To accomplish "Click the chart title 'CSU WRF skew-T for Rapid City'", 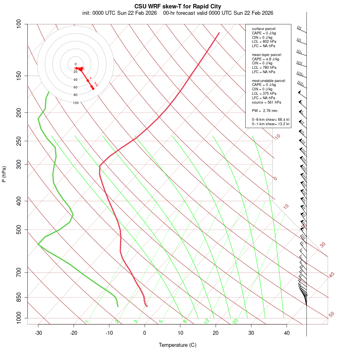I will (x=178, y=6).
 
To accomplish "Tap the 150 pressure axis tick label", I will (x=19, y=76).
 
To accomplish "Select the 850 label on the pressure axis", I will (x=19, y=297).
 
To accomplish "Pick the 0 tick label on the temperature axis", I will (x=145, y=332).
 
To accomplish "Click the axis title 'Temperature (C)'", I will (x=178, y=345).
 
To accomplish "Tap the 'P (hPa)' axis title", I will (x=4, y=174).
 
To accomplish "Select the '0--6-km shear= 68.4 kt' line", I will (x=270, y=120).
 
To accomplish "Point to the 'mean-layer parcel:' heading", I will (x=267, y=54).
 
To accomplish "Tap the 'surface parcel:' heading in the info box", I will (x=264, y=28).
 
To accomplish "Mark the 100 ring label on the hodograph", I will (x=76, y=103).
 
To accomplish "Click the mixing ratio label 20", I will (x=236, y=321).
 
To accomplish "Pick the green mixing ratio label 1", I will (x=86, y=322).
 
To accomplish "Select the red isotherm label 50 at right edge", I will (x=331, y=315).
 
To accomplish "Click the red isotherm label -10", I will (x=276, y=137).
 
